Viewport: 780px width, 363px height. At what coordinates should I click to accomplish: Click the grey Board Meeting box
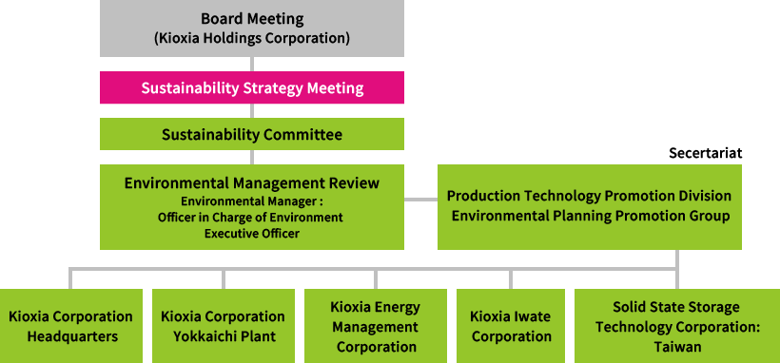(x=252, y=29)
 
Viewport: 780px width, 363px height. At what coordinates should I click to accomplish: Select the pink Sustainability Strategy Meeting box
(x=252, y=87)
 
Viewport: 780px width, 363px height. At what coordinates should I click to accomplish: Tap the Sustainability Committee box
(x=252, y=134)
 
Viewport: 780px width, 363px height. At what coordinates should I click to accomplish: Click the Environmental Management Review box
(x=252, y=206)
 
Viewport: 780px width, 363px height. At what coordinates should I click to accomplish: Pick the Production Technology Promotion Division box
(x=589, y=206)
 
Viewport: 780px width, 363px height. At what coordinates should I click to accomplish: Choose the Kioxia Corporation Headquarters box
(x=70, y=326)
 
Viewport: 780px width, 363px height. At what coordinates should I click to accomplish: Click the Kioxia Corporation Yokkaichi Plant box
(x=223, y=326)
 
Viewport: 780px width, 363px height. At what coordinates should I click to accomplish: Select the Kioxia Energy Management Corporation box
(x=375, y=326)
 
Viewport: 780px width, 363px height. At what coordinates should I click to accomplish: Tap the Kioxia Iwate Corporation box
(x=511, y=326)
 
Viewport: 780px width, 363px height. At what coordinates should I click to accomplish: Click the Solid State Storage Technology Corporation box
(x=677, y=326)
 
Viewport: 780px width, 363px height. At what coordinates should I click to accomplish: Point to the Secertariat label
(x=705, y=152)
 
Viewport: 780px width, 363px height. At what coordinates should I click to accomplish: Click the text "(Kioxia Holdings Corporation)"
(x=252, y=39)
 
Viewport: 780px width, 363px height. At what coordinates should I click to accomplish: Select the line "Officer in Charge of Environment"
(x=251, y=217)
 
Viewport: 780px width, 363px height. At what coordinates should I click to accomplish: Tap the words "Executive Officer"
(x=251, y=233)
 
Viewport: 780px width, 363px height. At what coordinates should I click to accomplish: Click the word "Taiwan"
(x=677, y=347)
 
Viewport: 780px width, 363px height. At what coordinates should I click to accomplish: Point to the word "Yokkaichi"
(x=208, y=336)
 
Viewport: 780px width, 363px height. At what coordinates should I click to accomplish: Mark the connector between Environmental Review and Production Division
(x=420, y=200)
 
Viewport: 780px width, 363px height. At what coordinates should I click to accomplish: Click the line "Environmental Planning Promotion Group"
(x=590, y=216)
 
